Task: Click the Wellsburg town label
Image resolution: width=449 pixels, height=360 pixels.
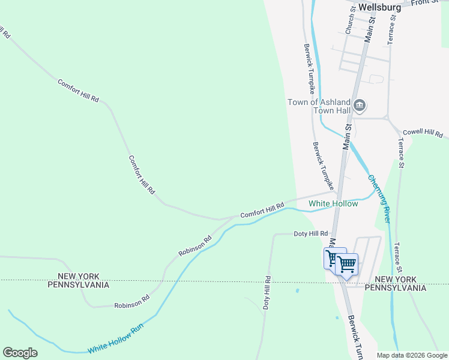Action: [379, 7]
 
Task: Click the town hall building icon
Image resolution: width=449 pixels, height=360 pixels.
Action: [360, 106]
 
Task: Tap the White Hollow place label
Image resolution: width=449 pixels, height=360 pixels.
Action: [333, 204]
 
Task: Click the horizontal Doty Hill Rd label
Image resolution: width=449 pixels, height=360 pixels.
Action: [310, 233]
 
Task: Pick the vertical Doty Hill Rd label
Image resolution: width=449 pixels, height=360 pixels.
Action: [267, 292]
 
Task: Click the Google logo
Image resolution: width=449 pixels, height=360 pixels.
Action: [20, 352]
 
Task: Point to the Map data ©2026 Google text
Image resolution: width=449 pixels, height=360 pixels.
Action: [412, 355]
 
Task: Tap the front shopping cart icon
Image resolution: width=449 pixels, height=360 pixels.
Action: [347, 263]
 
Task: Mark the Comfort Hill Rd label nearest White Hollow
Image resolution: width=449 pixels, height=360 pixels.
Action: [262, 210]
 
